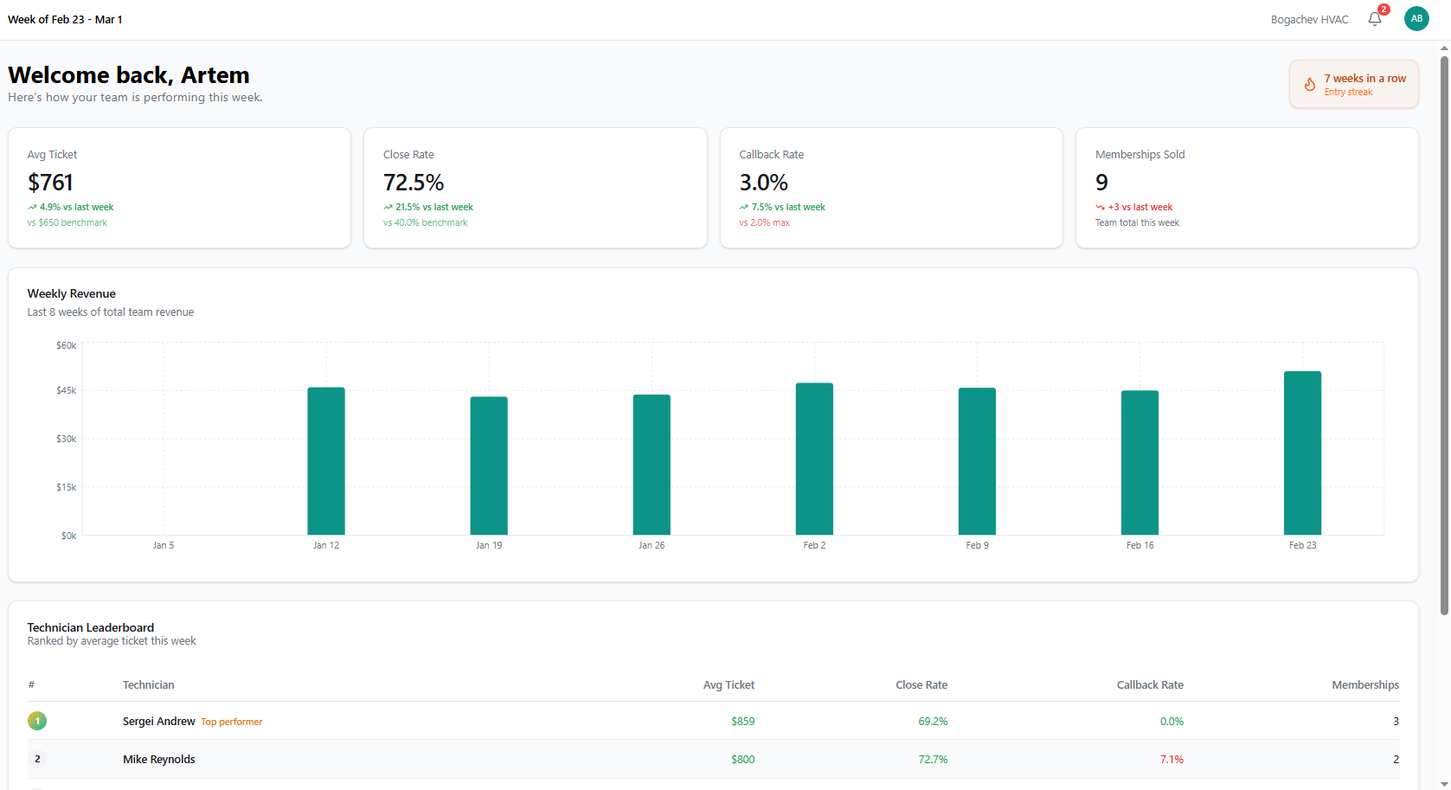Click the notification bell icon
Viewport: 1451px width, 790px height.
coord(1374,19)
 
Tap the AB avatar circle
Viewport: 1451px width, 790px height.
coord(1416,18)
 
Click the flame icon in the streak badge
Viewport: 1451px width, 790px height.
coord(1310,84)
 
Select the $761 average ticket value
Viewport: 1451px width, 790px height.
coord(50,183)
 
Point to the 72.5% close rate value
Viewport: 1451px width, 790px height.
coord(414,183)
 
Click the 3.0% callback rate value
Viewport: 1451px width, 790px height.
coord(763,183)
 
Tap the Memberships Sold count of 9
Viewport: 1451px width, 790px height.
coord(1101,183)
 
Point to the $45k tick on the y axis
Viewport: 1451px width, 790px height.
coord(66,390)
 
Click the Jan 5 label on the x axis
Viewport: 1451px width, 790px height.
coord(164,545)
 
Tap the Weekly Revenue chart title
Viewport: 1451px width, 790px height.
coord(71,293)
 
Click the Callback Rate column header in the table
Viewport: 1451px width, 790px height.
coord(1149,684)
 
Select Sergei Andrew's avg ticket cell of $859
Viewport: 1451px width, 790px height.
coord(742,721)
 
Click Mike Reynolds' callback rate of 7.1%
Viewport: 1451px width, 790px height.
coord(1172,759)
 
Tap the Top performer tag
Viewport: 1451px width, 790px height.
coord(231,722)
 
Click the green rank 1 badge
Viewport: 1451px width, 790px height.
coord(37,721)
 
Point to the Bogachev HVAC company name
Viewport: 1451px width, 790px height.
coord(1309,19)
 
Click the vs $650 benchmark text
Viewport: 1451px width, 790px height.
coord(67,222)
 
